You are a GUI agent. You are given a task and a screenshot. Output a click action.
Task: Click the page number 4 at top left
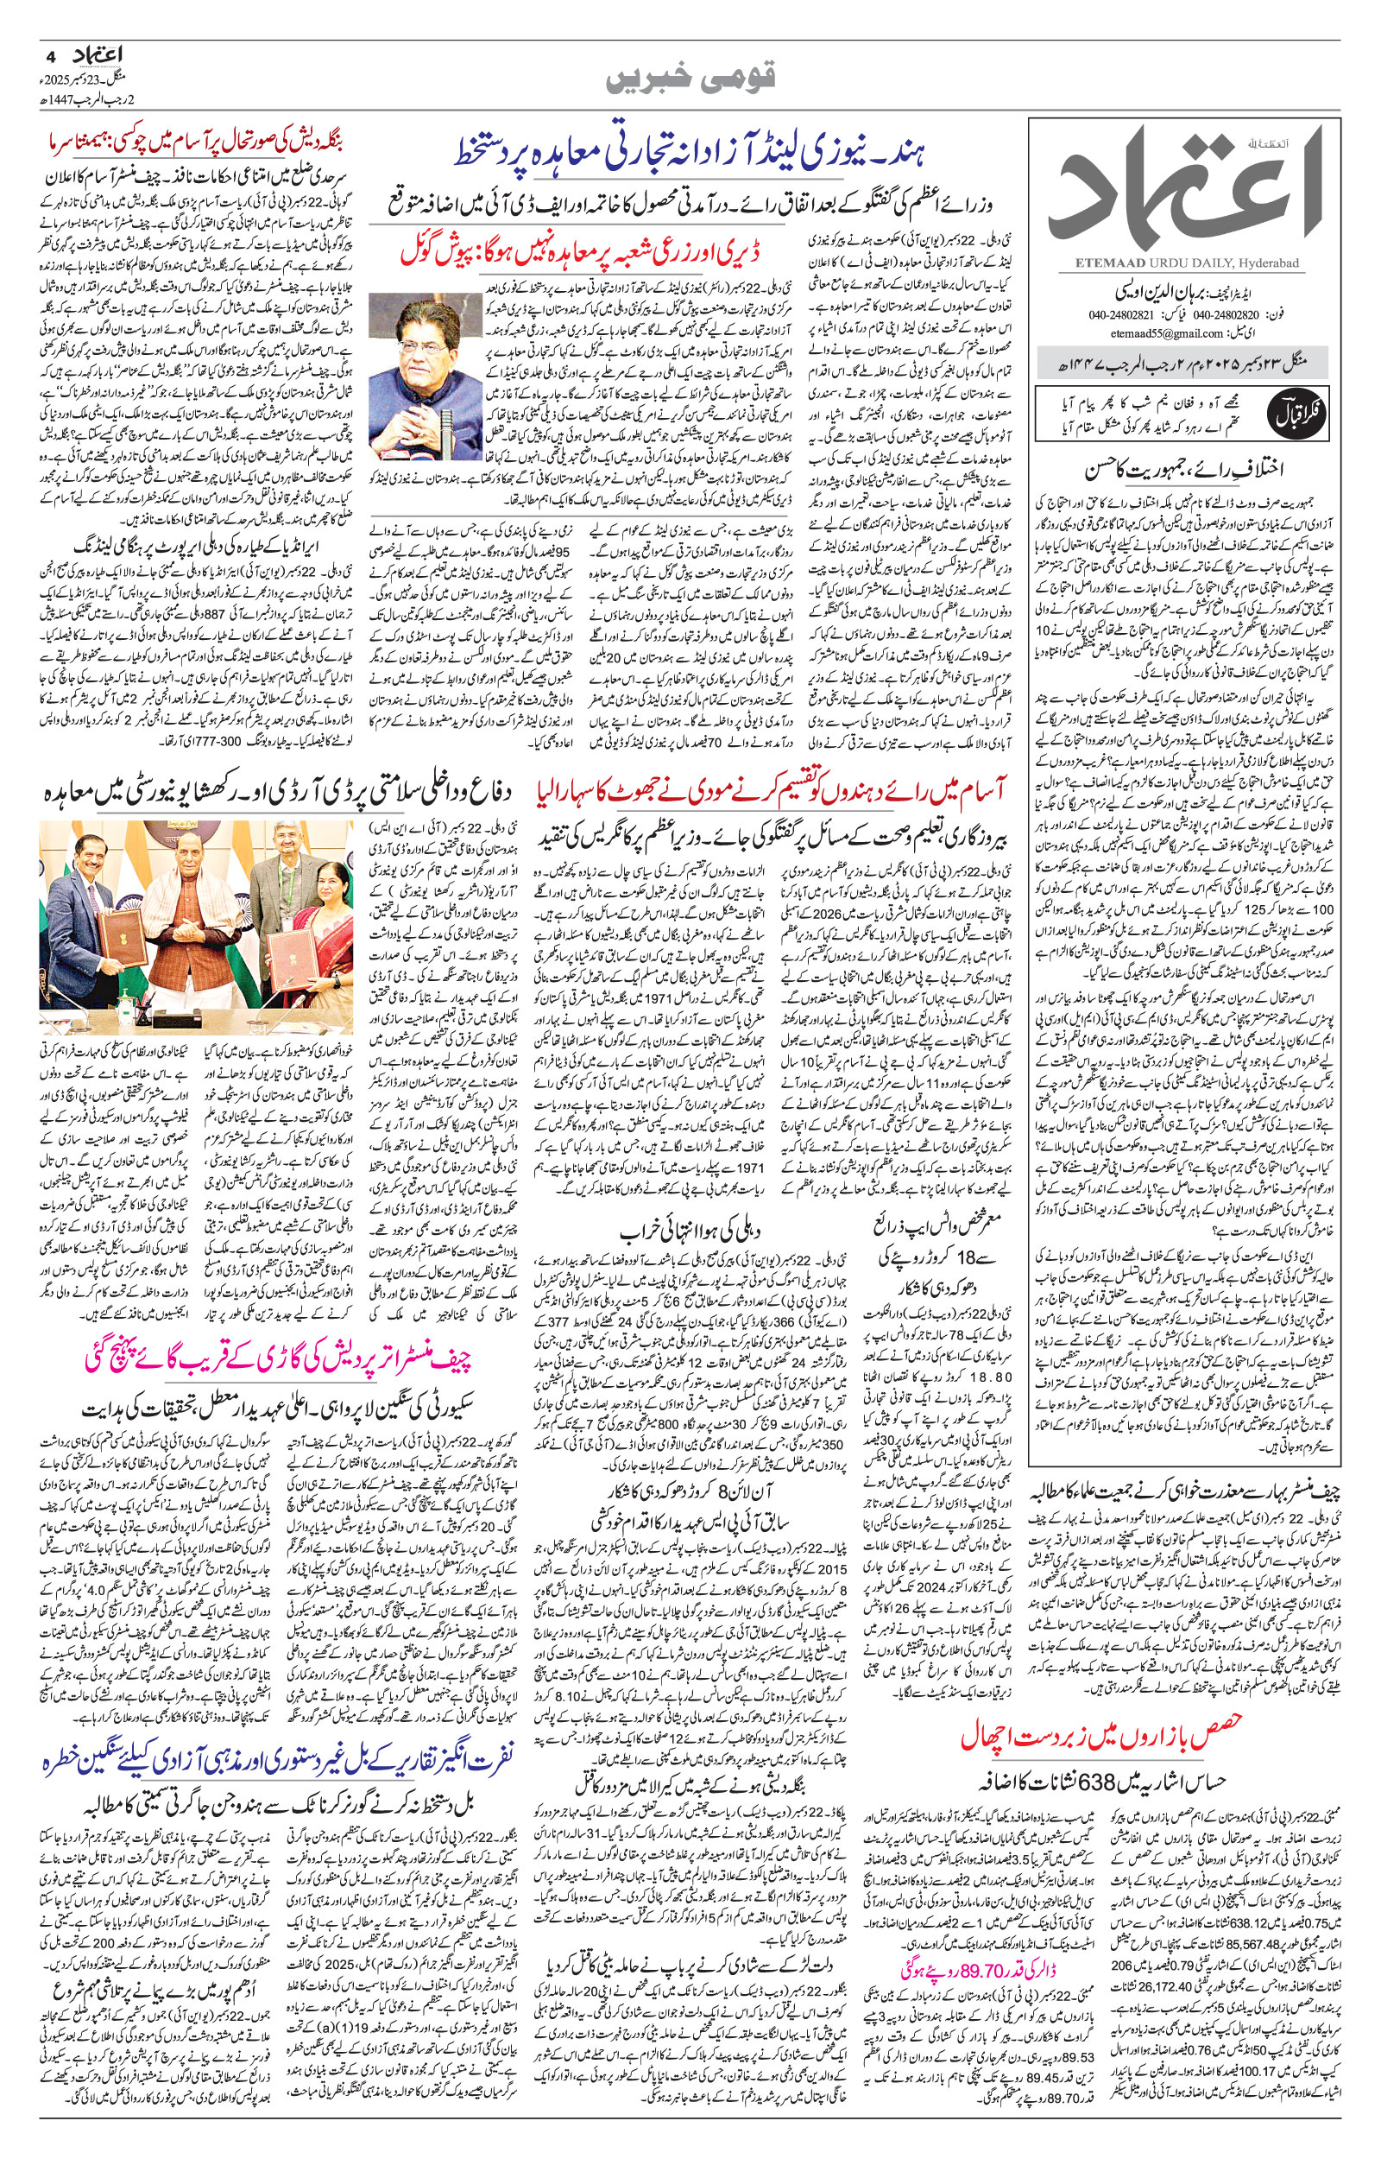pyautogui.click(x=47, y=54)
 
